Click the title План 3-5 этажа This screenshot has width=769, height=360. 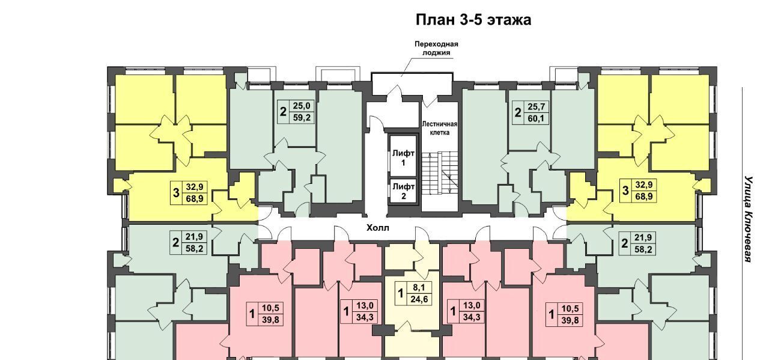coord(473,20)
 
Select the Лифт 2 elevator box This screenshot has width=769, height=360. coord(403,191)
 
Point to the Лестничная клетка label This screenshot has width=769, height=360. coord(439,128)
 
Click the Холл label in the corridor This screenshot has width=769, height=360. coord(378,228)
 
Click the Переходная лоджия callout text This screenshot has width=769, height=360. coord(436,49)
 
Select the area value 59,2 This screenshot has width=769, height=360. coord(302,118)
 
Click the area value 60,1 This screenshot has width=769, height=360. coord(536,118)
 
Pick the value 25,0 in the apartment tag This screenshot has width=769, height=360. coord(302,106)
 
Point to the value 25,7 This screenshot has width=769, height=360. coord(536,107)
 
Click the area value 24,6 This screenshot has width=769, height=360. coord(419,299)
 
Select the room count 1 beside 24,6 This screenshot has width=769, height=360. coord(400,294)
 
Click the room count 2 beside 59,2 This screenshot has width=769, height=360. coord(283,112)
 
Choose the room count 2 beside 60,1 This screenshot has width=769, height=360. coord(518,112)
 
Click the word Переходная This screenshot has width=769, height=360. coord(436,44)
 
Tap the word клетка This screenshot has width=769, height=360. coord(440,133)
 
